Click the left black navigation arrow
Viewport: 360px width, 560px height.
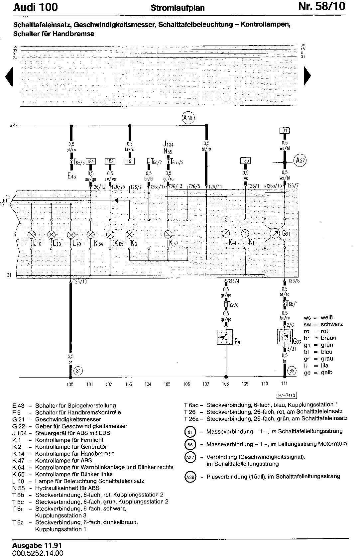[9, 77]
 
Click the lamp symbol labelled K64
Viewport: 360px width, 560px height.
[90, 235]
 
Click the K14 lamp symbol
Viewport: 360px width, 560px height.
[226, 233]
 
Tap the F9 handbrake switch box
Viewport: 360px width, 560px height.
[224, 337]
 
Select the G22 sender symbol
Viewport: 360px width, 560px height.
[285, 337]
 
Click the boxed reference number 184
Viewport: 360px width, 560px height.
[91, 162]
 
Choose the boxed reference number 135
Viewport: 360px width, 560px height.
[245, 161]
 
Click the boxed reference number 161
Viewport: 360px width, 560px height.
[130, 162]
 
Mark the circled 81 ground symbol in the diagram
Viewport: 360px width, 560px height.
[78, 371]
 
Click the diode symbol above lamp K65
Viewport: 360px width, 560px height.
[116, 200]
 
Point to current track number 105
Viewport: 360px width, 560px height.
[167, 384]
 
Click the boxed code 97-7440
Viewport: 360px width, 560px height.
[287, 395]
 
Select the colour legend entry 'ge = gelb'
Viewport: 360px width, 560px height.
[318, 373]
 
